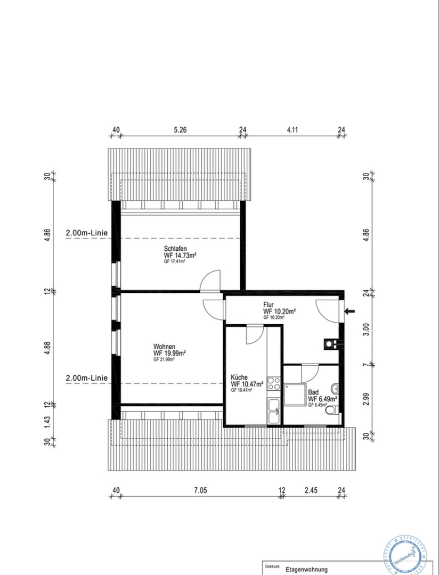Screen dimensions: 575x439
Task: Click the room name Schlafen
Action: point(175,248)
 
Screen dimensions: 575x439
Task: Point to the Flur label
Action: point(268,305)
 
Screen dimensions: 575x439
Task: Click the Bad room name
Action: point(313,391)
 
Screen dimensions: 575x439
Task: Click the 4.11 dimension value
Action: point(292,129)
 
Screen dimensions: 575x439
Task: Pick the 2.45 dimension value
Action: point(312,490)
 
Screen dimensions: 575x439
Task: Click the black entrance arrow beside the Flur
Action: point(350,311)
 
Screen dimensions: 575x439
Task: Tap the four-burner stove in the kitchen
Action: point(274,383)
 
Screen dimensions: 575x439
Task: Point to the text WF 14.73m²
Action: point(181,256)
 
